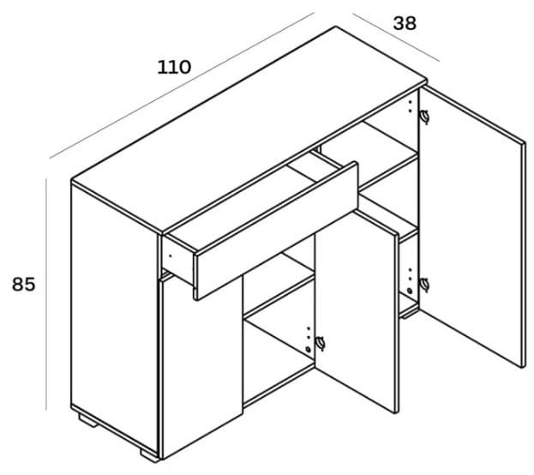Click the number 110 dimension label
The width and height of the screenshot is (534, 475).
(x=173, y=67)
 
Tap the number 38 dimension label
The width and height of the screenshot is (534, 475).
(x=404, y=23)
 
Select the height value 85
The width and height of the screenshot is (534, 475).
(x=23, y=285)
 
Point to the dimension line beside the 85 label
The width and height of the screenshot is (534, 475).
(x=46, y=292)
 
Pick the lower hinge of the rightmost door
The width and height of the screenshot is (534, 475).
(x=424, y=285)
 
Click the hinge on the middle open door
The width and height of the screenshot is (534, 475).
(x=321, y=343)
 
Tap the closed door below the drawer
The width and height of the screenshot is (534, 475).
(x=199, y=369)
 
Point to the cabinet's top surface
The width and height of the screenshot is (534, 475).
(x=249, y=129)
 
